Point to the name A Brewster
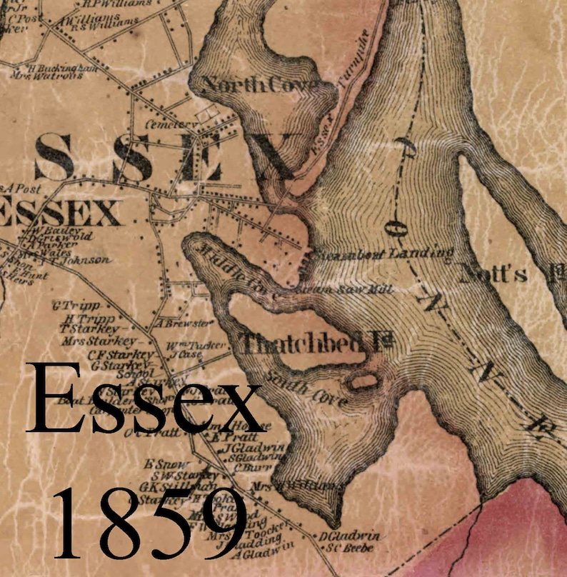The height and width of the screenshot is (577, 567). pos(184,323)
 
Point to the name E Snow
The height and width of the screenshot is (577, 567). pos(159,463)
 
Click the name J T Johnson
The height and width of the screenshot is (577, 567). pos(81,260)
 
